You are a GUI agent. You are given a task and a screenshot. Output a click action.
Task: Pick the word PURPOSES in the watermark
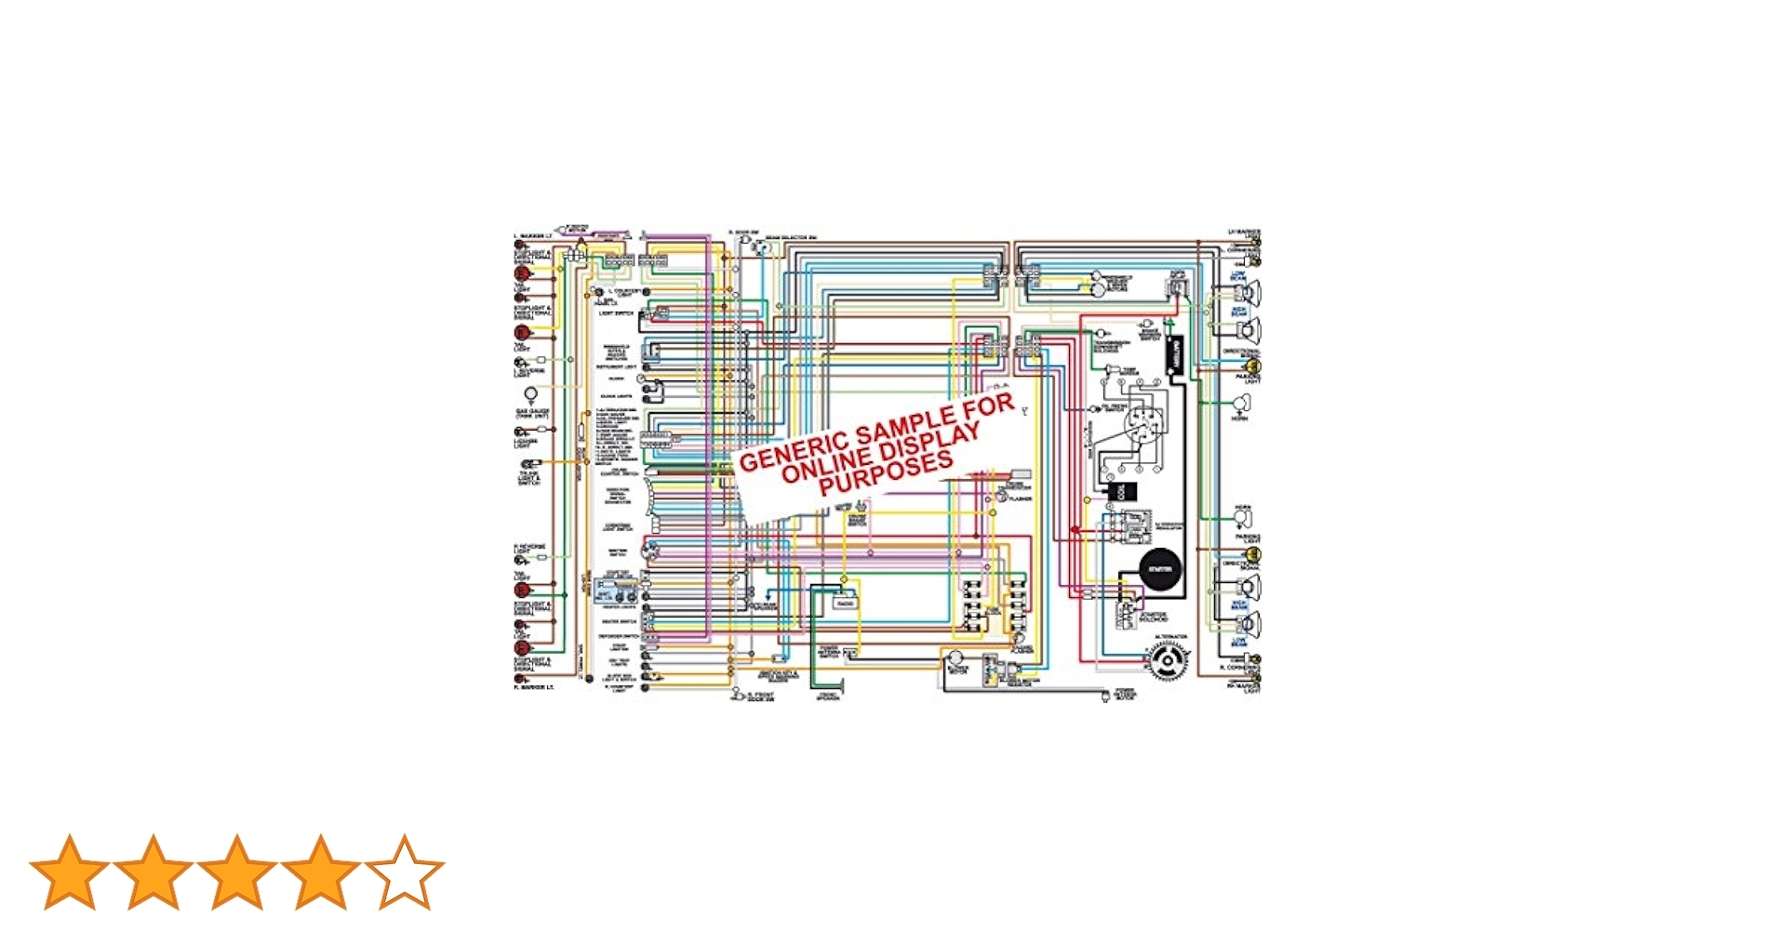click(886, 473)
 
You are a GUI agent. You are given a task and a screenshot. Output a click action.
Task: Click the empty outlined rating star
click(405, 871)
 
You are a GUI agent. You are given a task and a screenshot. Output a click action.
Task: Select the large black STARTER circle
click(1159, 568)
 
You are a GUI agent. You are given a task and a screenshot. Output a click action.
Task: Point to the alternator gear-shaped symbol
click(1168, 661)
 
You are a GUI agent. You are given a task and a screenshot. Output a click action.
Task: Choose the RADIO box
click(845, 603)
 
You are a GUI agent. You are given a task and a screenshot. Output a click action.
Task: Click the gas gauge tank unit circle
click(531, 395)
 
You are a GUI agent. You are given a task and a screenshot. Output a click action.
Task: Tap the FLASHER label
click(1020, 499)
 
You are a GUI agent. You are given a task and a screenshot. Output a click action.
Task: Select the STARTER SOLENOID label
click(1153, 617)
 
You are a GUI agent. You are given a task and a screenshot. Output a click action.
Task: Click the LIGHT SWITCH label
click(616, 313)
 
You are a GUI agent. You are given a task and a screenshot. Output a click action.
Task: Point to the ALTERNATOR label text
click(1170, 638)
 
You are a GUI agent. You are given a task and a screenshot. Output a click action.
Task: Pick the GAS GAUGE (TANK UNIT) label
click(532, 413)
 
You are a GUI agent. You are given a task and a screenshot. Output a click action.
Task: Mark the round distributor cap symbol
click(1139, 424)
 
